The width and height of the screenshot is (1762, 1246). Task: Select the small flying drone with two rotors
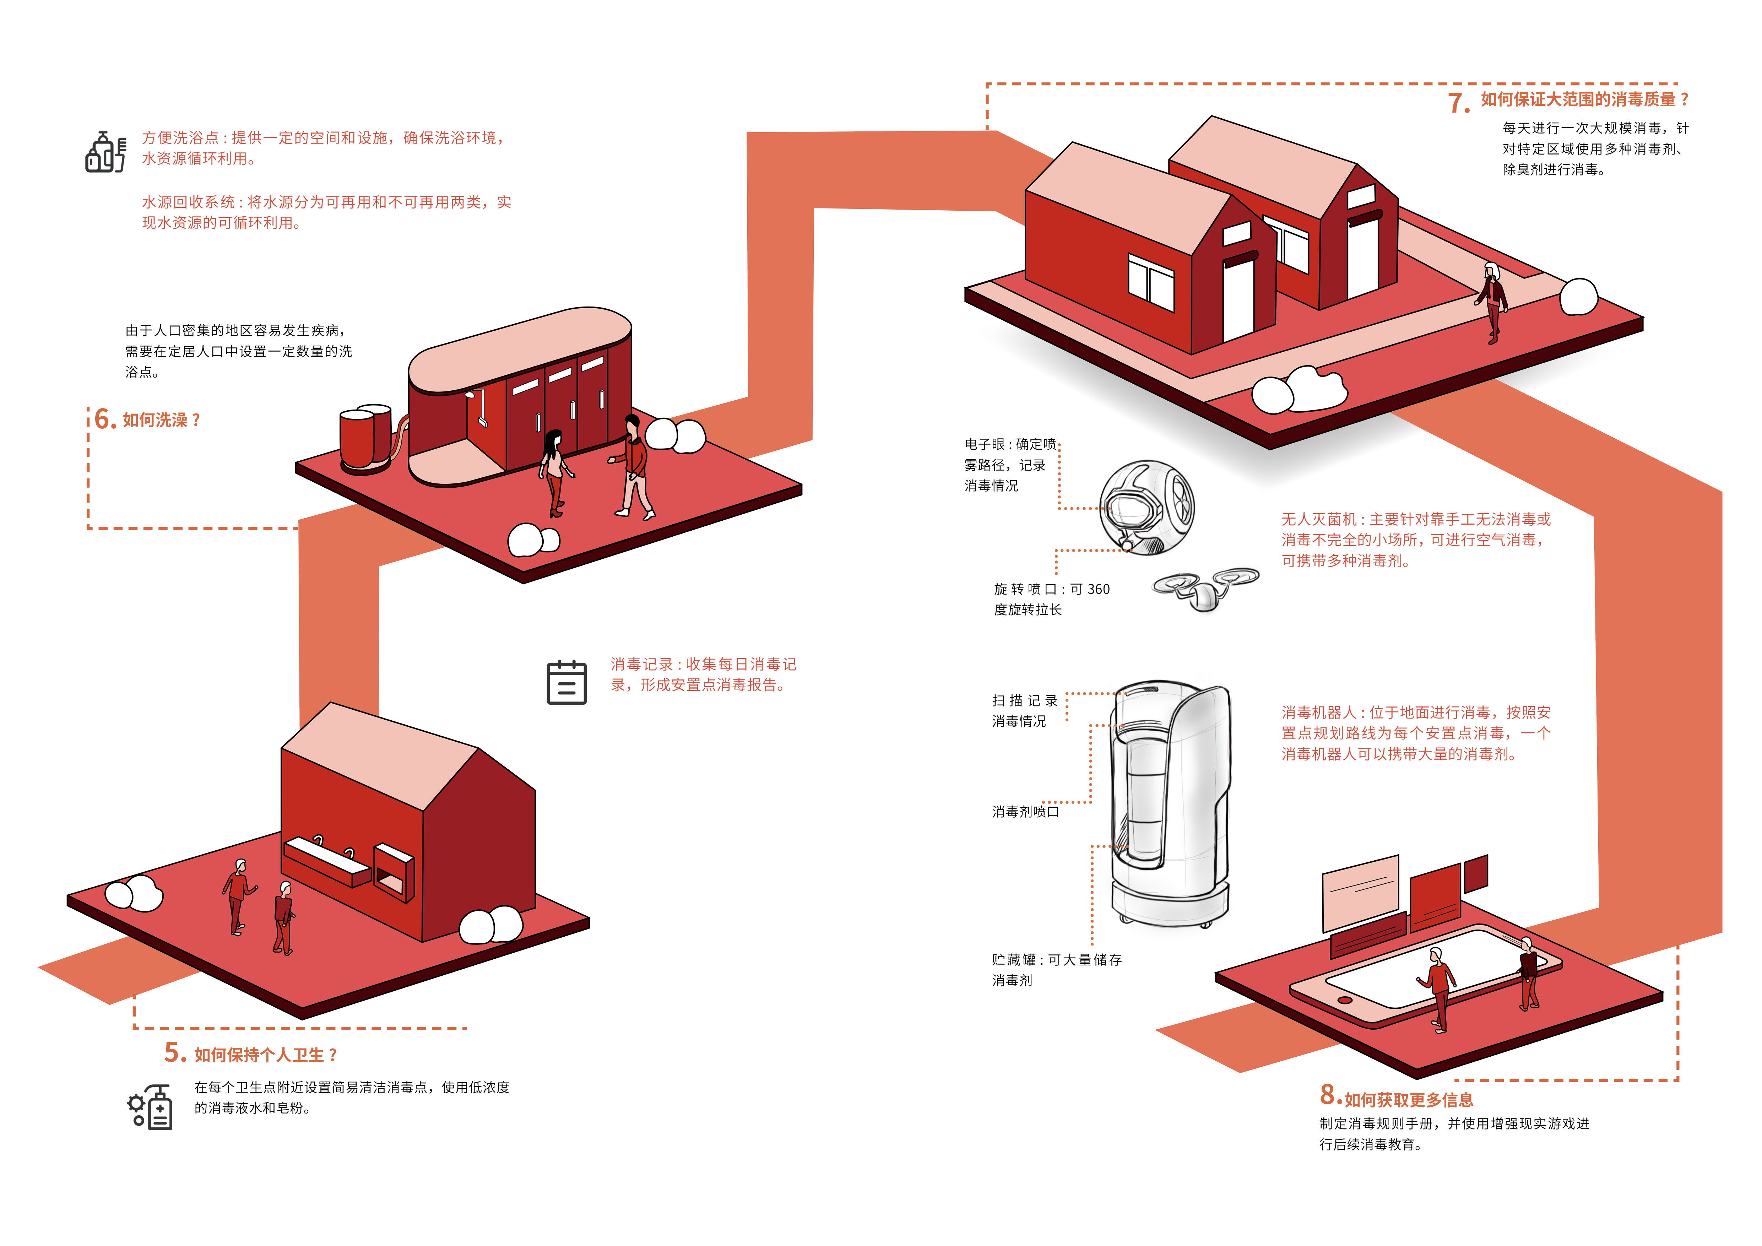[1205, 589]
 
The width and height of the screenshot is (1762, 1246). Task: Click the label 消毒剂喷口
[1025, 812]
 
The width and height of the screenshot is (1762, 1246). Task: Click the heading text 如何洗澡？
[161, 421]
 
